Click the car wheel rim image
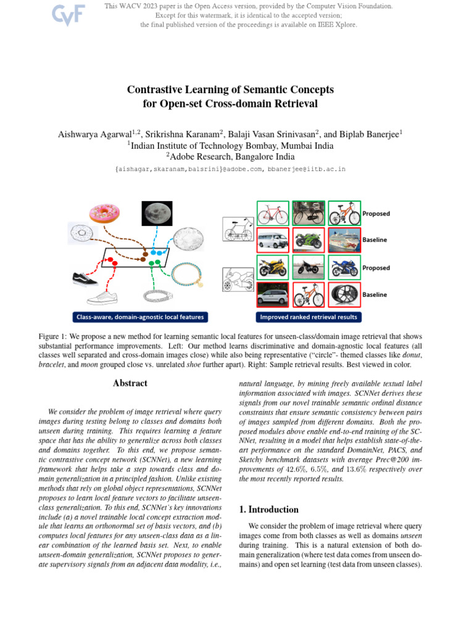pos(344,294)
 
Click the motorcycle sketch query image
pos(238,280)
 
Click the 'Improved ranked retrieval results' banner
pos(309,317)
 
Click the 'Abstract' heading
pos(130,383)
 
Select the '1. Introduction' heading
pos(268,510)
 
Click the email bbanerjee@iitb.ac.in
pos(306,168)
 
